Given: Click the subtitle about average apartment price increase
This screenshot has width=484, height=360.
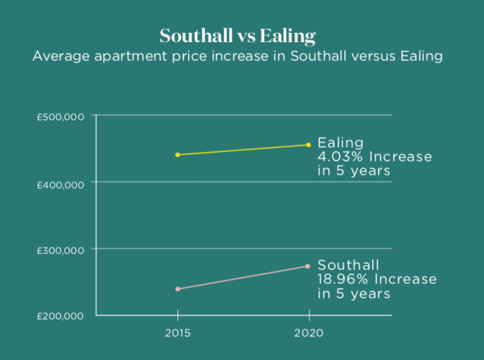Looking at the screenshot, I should click(238, 56).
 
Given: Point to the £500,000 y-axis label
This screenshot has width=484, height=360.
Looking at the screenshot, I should click(60, 116).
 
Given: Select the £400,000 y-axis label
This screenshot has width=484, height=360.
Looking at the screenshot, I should click(60, 183).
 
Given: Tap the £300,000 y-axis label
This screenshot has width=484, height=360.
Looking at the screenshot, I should click(60, 250).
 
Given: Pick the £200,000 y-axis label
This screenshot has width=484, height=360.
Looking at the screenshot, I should click(60, 316).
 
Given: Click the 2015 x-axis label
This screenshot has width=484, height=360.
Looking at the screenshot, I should click(177, 333).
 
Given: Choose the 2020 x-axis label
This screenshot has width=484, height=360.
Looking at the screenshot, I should click(309, 333).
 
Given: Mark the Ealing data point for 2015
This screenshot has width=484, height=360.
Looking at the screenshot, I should click(177, 155).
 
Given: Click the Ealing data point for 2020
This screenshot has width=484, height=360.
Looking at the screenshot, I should click(309, 145).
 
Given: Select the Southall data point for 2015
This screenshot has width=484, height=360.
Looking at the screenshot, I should click(177, 289).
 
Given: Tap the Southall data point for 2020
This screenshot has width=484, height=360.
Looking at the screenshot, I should click(308, 266).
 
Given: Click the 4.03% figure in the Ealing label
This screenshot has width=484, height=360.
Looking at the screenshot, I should click(340, 157).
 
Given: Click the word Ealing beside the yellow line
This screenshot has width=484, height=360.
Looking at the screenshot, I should click(341, 143).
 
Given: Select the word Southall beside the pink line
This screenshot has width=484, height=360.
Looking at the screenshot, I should click(349, 265).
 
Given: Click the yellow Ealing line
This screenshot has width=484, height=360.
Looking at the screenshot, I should click(243, 150).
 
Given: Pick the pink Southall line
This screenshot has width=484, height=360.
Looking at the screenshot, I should click(243, 278).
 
